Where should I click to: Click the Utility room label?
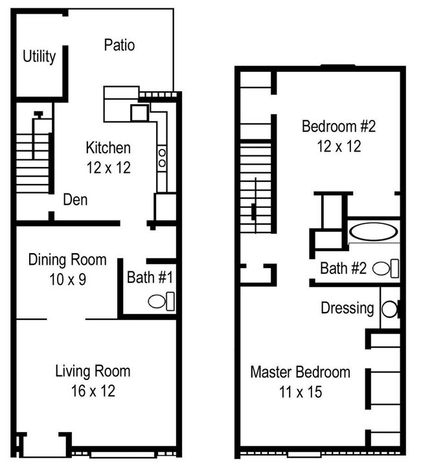(40, 57)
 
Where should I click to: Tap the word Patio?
(119, 45)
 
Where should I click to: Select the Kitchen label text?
(108, 148)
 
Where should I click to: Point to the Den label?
(75, 200)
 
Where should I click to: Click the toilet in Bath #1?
(161, 301)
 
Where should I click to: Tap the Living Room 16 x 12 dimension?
(93, 391)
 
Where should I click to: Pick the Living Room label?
(93, 372)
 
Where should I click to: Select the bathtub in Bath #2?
(374, 231)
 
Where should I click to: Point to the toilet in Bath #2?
(385, 267)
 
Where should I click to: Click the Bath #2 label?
(343, 267)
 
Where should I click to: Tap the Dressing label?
(347, 308)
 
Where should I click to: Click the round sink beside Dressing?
(389, 309)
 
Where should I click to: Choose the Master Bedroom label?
(300, 372)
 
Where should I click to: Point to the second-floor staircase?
(255, 188)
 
